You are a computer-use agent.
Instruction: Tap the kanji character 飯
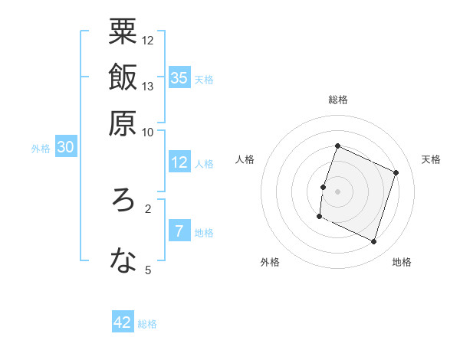[x=123, y=77]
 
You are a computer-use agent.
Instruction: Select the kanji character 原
[x=123, y=123]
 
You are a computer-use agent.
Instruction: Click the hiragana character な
[x=123, y=261]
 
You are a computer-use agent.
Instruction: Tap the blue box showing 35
[x=179, y=77]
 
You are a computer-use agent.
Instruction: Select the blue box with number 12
[x=179, y=162]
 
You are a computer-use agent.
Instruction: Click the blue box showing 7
[x=179, y=231]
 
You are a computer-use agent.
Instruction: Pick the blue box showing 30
[x=66, y=147]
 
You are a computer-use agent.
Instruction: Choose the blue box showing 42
[x=123, y=322]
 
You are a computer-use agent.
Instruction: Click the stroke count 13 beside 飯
[x=148, y=86]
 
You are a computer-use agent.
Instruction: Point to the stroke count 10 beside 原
[x=148, y=132]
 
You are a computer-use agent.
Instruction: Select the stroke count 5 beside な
[x=148, y=270]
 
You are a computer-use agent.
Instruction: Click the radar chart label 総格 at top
[x=338, y=100]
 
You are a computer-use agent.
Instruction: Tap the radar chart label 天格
[x=431, y=159]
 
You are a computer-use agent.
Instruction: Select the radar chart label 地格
[x=402, y=262]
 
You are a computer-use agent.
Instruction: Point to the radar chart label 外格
[x=270, y=262]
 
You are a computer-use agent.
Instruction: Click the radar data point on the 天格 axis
[x=396, y=172]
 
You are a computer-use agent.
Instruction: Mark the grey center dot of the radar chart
[x=338, y=191]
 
